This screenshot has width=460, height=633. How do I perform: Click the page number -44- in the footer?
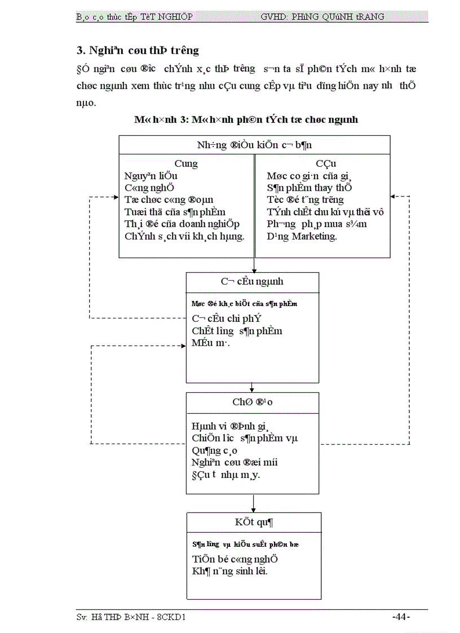(401, 617)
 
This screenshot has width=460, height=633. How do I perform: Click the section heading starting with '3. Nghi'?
(138, 50)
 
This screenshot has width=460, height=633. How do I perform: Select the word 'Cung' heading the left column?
(186, 163)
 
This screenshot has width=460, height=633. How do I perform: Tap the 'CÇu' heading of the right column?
(326, 163)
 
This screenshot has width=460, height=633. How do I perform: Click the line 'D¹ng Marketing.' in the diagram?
(302, 236)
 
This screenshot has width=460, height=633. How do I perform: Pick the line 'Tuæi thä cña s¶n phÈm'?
(175, 212)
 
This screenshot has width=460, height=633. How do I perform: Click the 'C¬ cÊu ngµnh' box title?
(252, 281)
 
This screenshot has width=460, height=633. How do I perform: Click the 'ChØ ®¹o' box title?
(253, 402)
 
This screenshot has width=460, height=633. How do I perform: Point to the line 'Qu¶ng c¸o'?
(214, 450)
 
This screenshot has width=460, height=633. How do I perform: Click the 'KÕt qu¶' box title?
(254, 522)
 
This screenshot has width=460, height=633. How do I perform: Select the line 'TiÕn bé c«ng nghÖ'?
(235, 559)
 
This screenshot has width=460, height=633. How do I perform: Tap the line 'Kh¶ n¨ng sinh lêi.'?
(229, 571)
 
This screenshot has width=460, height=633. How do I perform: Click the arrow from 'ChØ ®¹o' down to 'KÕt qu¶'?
(254, 503)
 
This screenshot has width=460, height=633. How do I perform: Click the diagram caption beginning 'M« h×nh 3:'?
(246, 119)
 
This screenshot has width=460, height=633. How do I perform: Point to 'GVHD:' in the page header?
(274, 17)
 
